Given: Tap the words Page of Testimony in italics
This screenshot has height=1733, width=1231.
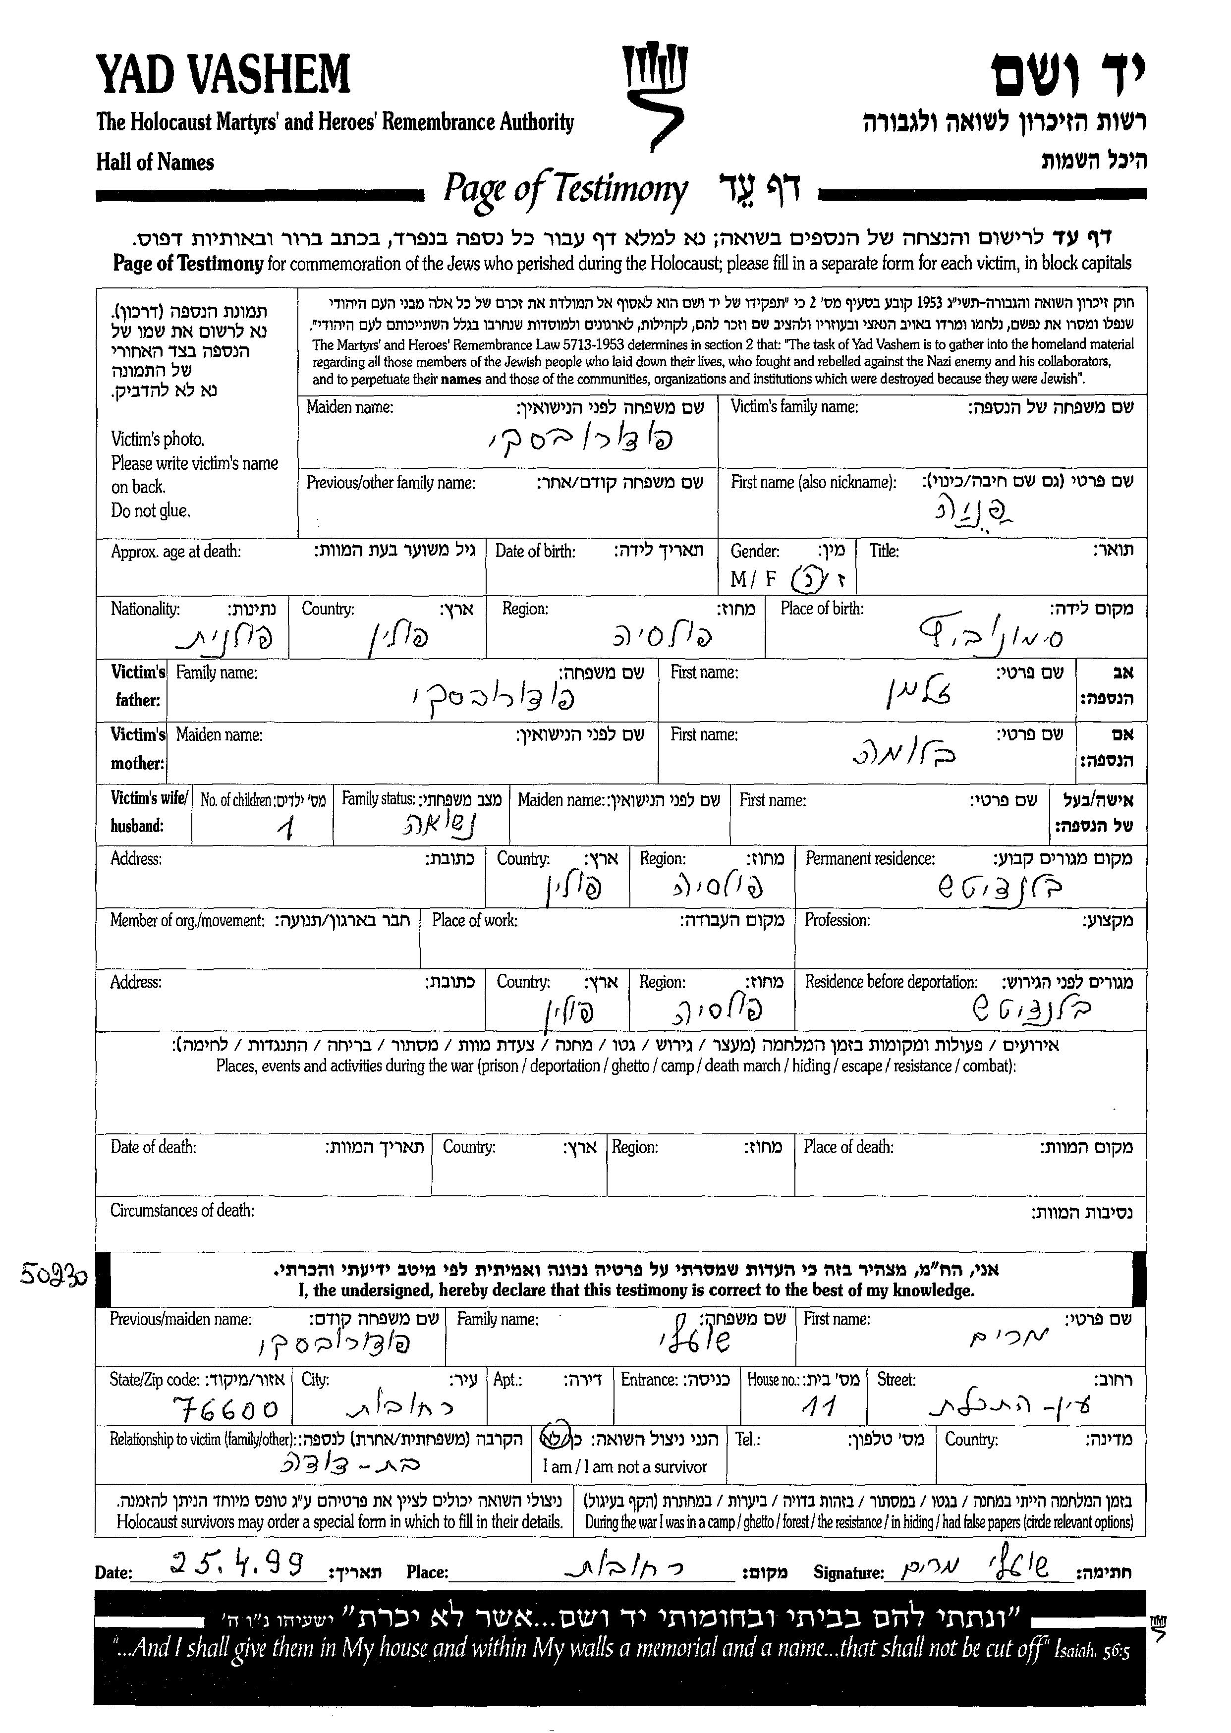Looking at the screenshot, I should (565, 189).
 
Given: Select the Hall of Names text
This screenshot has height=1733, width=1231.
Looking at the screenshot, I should (155, 162).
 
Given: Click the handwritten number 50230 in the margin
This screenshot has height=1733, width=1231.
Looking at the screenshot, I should (53, 1276).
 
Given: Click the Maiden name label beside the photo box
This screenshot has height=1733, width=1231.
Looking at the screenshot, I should (349, 408).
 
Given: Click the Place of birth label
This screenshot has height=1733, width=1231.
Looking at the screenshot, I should (822, 608).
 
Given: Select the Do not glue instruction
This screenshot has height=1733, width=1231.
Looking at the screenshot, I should (150, 511).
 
